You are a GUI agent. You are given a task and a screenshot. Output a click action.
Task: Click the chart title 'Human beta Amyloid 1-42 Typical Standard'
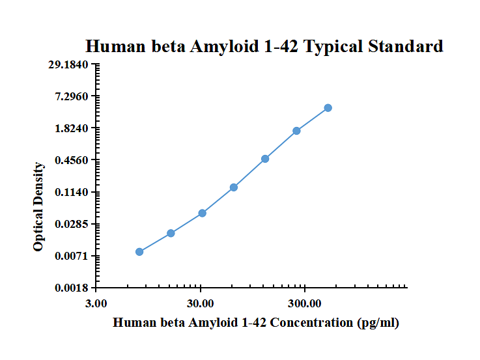click(x=264, y=46)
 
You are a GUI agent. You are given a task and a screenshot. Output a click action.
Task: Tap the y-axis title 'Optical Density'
click(x=39, y=206)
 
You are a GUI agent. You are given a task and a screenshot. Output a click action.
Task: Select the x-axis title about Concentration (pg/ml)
click(x=256, y=322)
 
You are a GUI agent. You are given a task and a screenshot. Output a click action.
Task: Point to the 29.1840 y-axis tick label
click(x=72, y=64)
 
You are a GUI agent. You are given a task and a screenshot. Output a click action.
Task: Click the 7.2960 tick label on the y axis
click(x=74, y=96)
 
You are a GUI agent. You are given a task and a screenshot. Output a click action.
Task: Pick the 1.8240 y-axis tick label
click(x=74, y=128)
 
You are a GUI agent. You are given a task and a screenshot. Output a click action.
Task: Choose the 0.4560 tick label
click(x=74, y=160)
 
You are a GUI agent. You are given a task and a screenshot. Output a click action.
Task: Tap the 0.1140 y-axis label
click(x=74, y=192)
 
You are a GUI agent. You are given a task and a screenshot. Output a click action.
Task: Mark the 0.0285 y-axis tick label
click(x=74, y=224)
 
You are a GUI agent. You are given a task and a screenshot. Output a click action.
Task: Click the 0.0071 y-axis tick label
click(x=74, y=256)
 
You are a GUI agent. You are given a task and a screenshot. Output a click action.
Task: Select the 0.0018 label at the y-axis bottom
click(x=74, y=288)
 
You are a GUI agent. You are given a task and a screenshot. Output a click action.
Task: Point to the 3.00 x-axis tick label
click(x=96, y=303)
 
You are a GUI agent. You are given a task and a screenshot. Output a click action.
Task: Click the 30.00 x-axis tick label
click(x=201, y=303)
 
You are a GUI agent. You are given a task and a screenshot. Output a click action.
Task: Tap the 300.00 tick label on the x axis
click(x=305, y=303)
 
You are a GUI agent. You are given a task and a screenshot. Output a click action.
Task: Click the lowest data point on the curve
click(x=139, y=252)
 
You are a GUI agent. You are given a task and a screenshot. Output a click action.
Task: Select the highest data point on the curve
click(x=328, y=108)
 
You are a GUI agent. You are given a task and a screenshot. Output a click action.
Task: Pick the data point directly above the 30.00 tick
click(x=203, y=213)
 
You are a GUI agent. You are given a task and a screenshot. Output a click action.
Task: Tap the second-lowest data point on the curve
click(x=171, y=233)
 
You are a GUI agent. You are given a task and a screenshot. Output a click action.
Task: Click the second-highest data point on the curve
click(x=296, y=131)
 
